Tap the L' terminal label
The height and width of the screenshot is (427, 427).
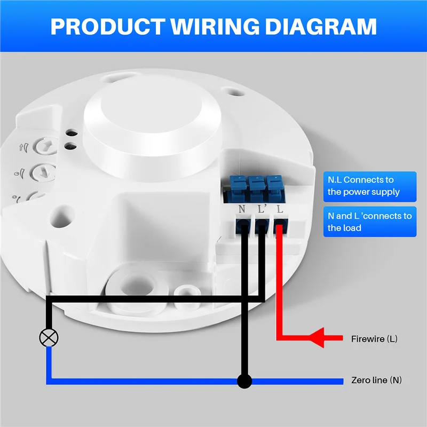(262, 209)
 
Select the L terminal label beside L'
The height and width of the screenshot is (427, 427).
(279, 209)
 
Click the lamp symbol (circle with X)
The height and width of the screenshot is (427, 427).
(50, 337)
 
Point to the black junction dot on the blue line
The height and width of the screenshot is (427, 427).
(244, 381)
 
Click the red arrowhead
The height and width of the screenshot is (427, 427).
(319, 338)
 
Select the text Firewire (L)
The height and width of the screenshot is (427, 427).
(374, 339)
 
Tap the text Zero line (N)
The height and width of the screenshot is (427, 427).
(376, 381)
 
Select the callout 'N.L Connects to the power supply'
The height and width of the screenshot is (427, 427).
(369, 186)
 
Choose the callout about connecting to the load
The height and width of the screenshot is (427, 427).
(369, 222)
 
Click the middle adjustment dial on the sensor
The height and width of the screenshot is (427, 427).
(41, 172)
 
